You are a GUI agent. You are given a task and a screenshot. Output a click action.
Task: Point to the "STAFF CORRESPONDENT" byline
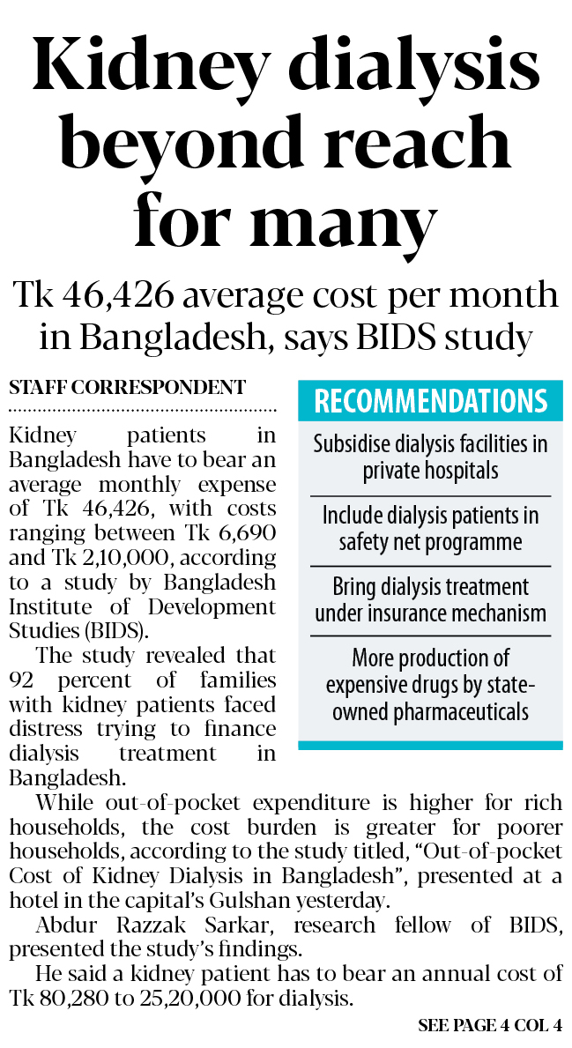[128, 387]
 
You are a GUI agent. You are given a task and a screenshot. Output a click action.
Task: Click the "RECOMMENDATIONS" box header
[430, 401]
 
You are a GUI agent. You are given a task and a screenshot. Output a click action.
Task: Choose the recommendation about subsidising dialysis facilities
[430, 457]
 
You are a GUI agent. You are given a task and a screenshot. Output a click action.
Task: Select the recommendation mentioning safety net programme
[430, 528]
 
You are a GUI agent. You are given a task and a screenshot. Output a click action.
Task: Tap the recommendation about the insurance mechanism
[430, 599]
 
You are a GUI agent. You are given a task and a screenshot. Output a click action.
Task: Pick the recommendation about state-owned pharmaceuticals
[430, 685]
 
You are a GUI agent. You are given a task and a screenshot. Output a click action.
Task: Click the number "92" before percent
[25, 680]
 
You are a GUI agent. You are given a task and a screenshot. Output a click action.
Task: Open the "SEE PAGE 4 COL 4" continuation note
[490, 1026]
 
